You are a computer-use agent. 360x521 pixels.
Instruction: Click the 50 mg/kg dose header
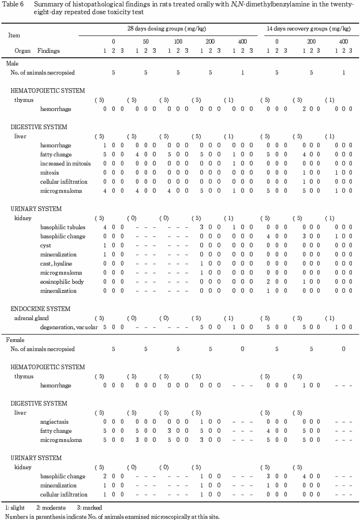pyautogui.click(x=145, y=42)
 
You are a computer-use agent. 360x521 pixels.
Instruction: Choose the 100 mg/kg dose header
pyautogui.click(x=178, y=42)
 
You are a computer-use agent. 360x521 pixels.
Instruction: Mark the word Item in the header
pyautogui.click(x=14, y=35)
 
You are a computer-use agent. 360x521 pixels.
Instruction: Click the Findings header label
pyautogui.click(x=48, y=50)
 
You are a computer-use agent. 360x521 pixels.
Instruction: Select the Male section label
pyautogui.click(x=12, y=64)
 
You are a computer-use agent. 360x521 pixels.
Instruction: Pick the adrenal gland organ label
pyautogui.click(x=31, y=318)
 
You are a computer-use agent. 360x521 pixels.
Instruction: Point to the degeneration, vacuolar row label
pyautogui.click(x=69, y=327)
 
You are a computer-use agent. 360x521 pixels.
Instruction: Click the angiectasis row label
pyautogui.click(x=55, y=422)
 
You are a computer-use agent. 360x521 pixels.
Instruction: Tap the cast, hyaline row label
pyautogui.click(x=56, y=263)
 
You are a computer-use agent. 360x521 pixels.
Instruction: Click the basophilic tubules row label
pyautogui.click(x=62, y=227)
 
